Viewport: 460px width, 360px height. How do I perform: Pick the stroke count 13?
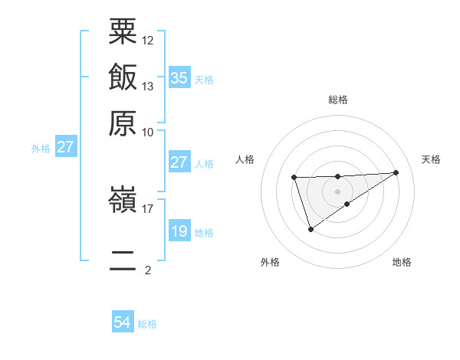tap(148, 86)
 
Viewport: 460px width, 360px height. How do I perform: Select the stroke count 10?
tap(148, 132)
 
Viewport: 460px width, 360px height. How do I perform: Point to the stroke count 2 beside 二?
tap(147, 270)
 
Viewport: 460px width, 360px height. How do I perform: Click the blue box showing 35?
tap(179, 78)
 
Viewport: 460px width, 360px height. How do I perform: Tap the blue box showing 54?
tap(123, 322)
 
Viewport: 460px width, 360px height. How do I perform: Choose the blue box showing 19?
tap(179, 231)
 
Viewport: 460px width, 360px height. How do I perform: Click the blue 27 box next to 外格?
tap(65, 147)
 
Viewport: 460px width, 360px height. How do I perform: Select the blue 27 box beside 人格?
tap(179, 162)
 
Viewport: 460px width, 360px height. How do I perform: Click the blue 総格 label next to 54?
tap(147, 324)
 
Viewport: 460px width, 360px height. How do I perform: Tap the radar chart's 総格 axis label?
tap(338, 100)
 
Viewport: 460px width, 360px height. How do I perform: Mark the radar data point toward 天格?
tap(396, 172)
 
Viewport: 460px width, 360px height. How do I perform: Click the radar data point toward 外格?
tap(310, 229)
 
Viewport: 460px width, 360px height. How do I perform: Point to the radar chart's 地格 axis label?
tap(402, 263)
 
